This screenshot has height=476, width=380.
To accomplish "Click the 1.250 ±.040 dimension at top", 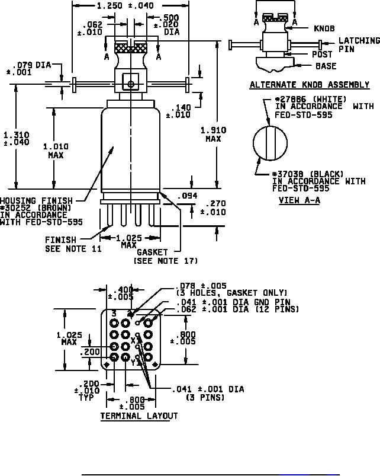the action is [125, 5].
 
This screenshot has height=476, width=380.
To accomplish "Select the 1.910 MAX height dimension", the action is [213, 135].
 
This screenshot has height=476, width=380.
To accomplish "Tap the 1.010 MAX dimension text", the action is [56, 151].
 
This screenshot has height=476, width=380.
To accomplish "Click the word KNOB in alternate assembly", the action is [324, 28].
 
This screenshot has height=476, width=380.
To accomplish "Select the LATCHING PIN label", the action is [359, 44].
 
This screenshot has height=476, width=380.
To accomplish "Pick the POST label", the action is [322, 55].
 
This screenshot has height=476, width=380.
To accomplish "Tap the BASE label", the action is [326, 66].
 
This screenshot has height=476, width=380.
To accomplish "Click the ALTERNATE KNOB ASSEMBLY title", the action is [310, 85].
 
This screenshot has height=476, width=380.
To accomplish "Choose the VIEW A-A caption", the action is [300, 200].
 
